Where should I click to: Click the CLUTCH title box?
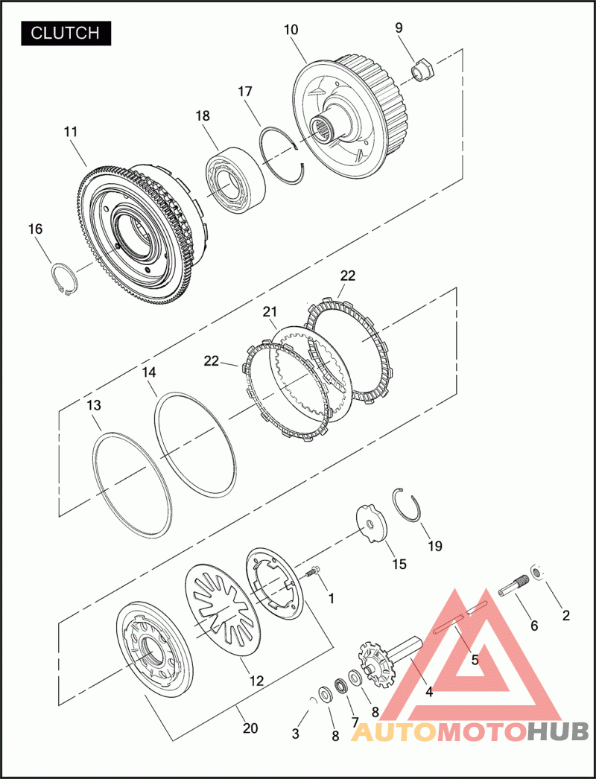66,33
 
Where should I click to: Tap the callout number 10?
291,31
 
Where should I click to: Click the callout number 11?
71,132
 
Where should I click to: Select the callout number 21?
270,311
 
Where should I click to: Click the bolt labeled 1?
314,572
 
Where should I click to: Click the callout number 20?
250,728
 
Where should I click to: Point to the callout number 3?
296,734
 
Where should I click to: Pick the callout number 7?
355,722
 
